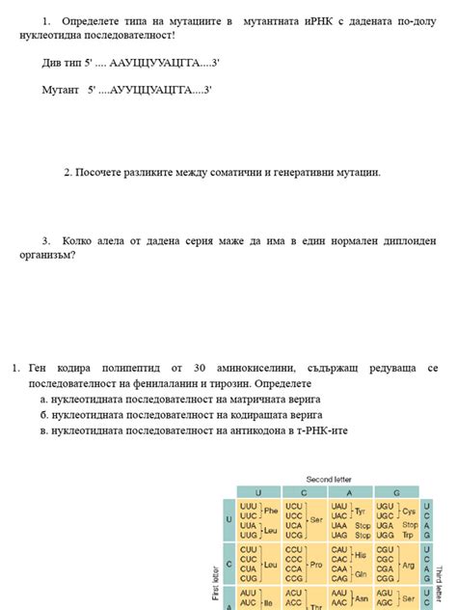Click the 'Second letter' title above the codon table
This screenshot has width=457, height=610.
(329, 479)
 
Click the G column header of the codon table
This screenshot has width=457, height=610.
(395, 492)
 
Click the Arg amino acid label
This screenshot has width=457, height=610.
(408, 564)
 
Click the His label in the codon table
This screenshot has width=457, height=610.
(360, 556)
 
